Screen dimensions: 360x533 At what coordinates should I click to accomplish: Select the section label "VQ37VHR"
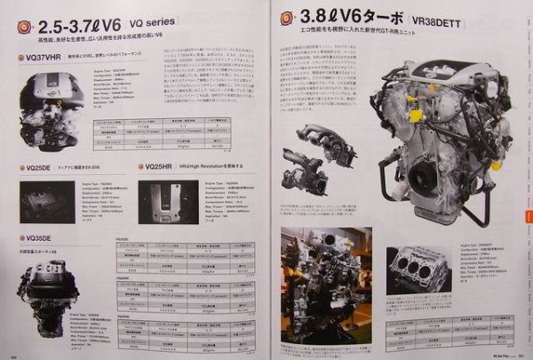point(49,59)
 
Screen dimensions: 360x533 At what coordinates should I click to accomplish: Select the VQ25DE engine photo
point(44,202)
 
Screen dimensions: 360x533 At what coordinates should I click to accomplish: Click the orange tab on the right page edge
point(528,218)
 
